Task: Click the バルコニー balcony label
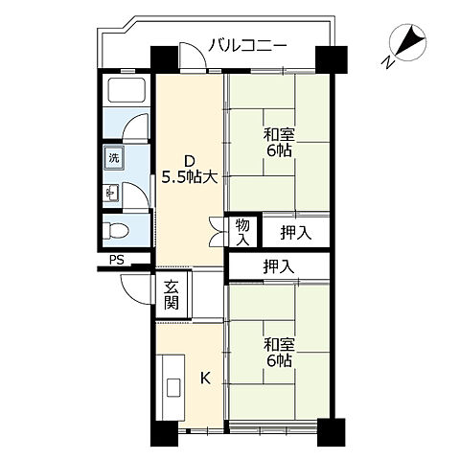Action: (x=246, y=45)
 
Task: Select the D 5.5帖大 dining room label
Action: (x=190, y=169)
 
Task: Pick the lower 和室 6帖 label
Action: (x=279, y=352)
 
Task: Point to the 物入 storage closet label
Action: (x=241, y=231)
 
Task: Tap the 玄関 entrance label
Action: (x=172, y=294)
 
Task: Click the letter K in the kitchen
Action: (x=204, y=379)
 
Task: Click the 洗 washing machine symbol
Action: (x=114, y=156)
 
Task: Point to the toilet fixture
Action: (x=116, y=230)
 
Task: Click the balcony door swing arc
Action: (x=193, y=59)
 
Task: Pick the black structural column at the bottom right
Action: (x=331, y=431)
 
